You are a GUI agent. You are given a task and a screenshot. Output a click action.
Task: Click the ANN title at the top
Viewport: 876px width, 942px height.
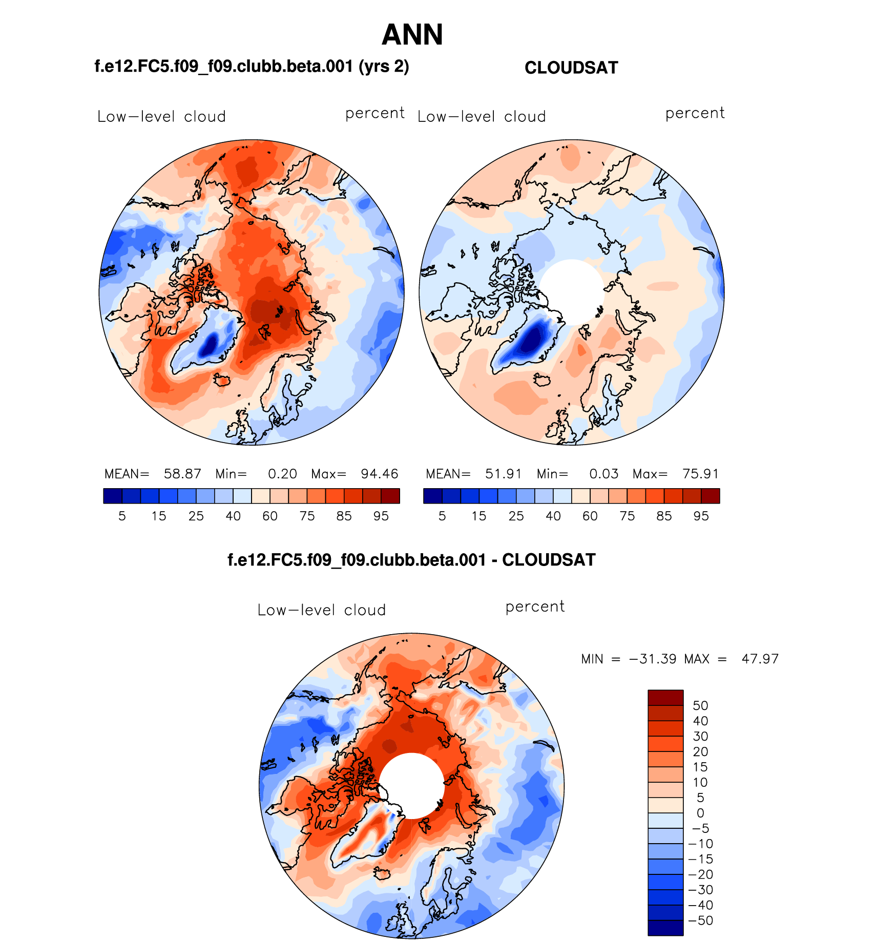point(412,35)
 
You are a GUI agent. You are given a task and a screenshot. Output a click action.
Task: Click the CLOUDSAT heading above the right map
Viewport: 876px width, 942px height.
point(571,68)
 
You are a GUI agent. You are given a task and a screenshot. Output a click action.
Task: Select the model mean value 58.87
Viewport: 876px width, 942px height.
point(182,474)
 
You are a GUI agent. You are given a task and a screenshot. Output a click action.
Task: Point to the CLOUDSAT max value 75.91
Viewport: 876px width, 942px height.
point(700,474)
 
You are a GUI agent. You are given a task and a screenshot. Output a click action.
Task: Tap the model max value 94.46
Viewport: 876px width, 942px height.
point(379,474)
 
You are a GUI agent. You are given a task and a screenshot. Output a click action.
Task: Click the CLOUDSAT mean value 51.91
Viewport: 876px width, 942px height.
point(503,474)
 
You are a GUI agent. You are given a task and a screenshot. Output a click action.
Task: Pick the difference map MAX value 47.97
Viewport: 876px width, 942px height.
point(760,659)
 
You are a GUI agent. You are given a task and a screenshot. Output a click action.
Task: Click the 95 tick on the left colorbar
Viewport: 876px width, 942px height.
point(381,516)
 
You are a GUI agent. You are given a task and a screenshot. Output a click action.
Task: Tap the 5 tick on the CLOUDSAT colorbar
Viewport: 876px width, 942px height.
point(442,516)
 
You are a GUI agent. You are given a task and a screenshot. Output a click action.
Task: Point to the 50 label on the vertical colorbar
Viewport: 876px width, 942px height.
point(700,706)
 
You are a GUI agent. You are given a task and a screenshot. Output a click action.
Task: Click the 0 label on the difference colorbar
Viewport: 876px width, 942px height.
point(700,813)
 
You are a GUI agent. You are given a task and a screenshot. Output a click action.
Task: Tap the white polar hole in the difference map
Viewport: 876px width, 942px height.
point(411,786)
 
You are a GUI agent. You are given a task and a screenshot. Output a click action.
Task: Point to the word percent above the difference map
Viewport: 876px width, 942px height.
point(535,606)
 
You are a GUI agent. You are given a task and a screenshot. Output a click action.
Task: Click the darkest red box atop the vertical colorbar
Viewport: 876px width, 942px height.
point(665,698)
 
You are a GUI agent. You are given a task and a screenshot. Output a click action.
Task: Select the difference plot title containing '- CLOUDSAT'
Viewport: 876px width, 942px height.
point(411,560)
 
